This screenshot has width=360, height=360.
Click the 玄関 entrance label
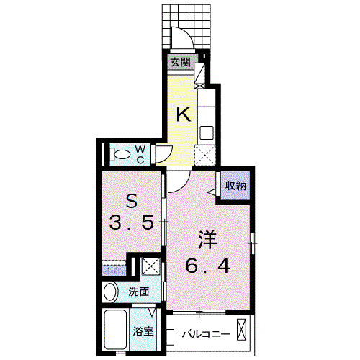click(x=181, y=63)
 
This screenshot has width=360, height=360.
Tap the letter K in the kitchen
click(x=184, y=114)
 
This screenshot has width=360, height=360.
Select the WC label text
click(x=140, y=155)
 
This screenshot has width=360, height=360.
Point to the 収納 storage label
click(x=235, y=186)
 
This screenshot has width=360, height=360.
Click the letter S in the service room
click(x=132, y=202)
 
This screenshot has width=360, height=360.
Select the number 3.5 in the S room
click(x=131, y=222)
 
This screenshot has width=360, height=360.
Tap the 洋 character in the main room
click(x=208, y=240)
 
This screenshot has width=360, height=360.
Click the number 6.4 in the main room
click(x=208, y=266)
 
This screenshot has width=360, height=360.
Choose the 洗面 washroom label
click(x=139, y=292)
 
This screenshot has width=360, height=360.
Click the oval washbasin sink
click(x=111, y=292)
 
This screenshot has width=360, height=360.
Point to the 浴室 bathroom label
click(x=143, y=331)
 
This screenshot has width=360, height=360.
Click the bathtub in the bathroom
click(x=115, y=330)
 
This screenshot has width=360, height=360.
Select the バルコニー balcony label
click(x=206, y=334)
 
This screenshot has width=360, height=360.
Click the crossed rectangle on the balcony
click(x=241, y=329)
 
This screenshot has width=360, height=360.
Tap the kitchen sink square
click(x=207, y=132)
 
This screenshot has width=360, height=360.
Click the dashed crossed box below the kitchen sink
click(x=204, y=156)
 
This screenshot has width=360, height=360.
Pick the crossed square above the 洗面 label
click(x=150, y=266)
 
